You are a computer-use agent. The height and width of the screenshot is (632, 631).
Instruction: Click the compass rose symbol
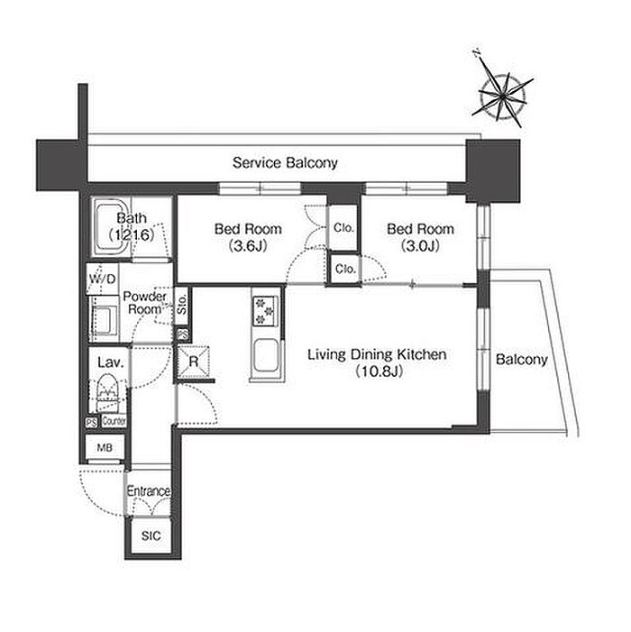pyautogui.click(x=502, y=96)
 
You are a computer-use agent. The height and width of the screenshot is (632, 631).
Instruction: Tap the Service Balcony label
pyautogui.click(x=285, y=163)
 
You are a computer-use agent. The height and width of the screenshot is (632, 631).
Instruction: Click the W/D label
pyautogui.click(x=103, y=279)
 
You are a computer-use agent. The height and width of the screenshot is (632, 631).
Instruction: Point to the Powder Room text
pyautogui.click(x=144, y=303)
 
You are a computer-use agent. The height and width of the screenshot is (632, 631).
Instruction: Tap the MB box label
pyautogui.click(x=105, y=447)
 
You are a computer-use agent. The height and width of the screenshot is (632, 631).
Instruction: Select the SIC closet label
pyautogui.click(x=151, y=536)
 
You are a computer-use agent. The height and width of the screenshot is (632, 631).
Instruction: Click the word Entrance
pyautogui.click(x=148, y=491)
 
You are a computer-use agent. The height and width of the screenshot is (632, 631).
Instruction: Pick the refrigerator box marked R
pyautogui.click(x=194, y=362)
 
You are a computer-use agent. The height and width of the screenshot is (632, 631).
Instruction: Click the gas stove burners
pyautogui.click(x=265, y=310)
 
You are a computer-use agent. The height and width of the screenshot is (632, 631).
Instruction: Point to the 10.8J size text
pyautogui.click(x=380, y=371)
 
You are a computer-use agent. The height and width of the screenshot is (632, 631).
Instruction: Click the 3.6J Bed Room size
pyautogui.click(x=248, y=245)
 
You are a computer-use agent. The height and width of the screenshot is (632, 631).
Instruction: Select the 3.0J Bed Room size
pyautogui.click(x=420, y=245)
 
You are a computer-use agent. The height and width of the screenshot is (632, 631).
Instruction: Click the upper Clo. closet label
pyautogui.click(x=343, y=228)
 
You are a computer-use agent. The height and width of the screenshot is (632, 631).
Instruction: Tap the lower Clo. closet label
pyautogui.click(x=345, y=269)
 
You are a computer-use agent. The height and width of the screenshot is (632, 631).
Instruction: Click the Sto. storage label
pyautogui.click(x=182, y=305)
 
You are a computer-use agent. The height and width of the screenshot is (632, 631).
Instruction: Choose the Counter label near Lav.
pyautogui.click(x=114, y=421)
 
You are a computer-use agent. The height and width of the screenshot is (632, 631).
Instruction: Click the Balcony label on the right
pyautogui.click(x=521, y=359)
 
